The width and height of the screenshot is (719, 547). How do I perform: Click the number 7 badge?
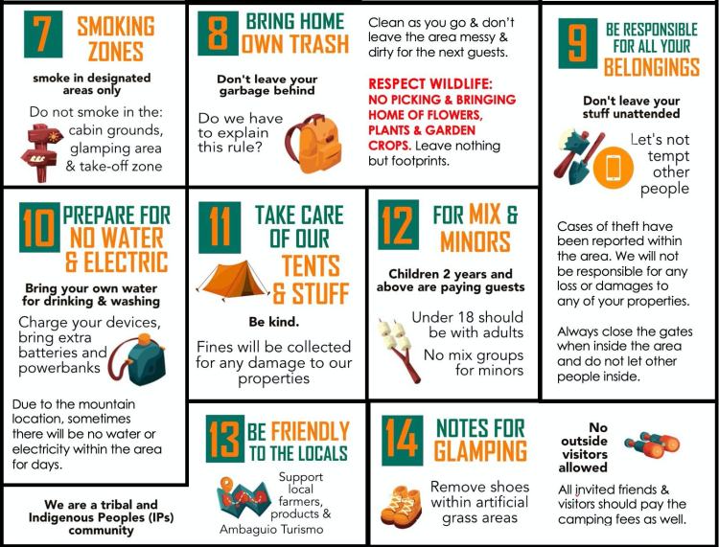[x=43, y=34]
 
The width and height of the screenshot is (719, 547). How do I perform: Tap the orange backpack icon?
[x=314, y=143]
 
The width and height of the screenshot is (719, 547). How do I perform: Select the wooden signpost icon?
[x=41, y=152]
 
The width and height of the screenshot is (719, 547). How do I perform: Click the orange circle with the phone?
[x=614, y=168]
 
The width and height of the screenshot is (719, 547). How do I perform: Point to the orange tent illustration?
[x=233, y=280]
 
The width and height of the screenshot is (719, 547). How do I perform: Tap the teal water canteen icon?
[x=137, y=359]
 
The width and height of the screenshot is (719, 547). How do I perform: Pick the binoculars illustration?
[x=652, y=444]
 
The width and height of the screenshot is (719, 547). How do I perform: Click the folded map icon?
[x=244, y=497]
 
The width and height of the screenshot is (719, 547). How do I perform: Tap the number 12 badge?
[x=398, y=225]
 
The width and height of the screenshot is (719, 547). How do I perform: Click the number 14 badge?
[x=402, y=441]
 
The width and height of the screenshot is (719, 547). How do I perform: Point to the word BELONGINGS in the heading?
[x=652, y=68]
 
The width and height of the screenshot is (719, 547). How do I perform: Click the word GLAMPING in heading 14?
[x=480, y=451]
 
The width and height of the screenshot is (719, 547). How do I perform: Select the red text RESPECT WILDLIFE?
[x=430, y=84]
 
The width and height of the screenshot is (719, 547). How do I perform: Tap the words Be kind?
[x=274, y=322]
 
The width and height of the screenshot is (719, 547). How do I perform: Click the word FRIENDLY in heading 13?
[x=310, y=431]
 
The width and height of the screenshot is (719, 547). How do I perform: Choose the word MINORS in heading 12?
[x=475, y=242]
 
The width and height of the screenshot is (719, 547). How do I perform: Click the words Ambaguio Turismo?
[x=271, y=530]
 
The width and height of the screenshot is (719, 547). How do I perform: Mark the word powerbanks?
[x=59, y=368]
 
